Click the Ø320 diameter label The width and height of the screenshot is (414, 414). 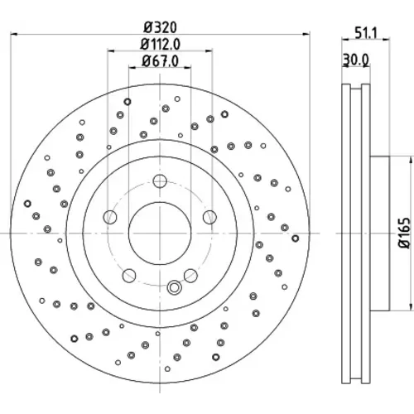(x=161, y=27)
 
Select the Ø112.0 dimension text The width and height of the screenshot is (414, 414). (x=161, y=44)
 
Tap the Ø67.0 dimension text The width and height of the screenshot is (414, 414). (x=161, y=61)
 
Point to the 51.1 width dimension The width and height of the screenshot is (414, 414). (x=366, y=33)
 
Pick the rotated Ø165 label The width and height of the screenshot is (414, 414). (x=405, y=233)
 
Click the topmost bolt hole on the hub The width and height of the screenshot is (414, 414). (x=160, y=181)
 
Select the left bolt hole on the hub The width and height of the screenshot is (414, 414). (x=110, y=217)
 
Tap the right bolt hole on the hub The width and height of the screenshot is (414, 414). (x=209, y=217)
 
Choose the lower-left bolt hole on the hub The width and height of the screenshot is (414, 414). (x=129, y=276)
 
